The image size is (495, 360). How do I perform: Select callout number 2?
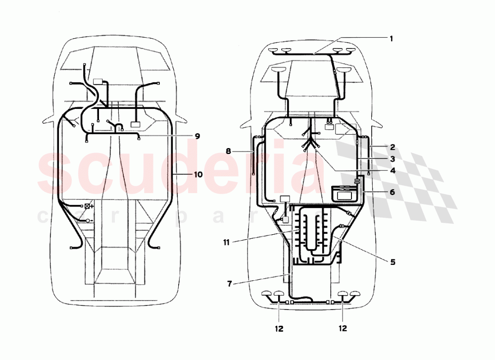(x=392, y=147)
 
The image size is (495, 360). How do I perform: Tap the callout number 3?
(x=392, y=159)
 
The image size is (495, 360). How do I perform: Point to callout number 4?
(x=392, y=171)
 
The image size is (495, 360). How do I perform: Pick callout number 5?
(x=392, y=262)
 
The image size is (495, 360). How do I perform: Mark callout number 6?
(x=392, y=192)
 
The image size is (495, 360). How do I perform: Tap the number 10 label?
(x=198, y=174)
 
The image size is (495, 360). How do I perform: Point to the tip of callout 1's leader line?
(x=314, y=53)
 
